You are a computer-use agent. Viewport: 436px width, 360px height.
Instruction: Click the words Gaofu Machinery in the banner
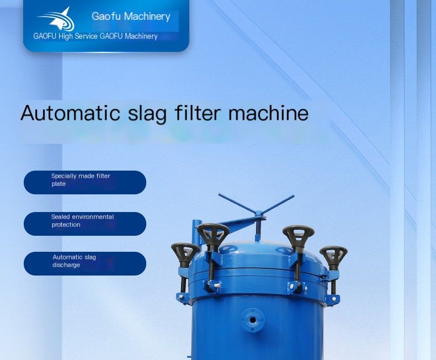point(131,17)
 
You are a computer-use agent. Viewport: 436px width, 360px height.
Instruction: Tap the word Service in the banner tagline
point(86,36)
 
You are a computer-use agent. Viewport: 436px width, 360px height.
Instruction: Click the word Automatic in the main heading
point(70,113)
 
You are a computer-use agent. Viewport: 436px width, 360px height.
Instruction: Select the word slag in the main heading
point(148,114)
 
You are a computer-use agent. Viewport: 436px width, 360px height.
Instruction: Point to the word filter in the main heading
point(198,113)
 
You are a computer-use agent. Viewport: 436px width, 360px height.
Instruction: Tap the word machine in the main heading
point(268,113)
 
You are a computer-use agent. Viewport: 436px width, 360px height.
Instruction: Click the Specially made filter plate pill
point(85,183)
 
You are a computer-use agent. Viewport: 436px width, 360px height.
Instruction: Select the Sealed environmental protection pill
point(85,224)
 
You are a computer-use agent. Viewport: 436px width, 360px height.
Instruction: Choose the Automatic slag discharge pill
point(85,263)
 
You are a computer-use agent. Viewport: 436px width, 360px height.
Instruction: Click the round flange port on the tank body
point(252,320)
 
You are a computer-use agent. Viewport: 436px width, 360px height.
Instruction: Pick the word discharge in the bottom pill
point(66,265)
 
